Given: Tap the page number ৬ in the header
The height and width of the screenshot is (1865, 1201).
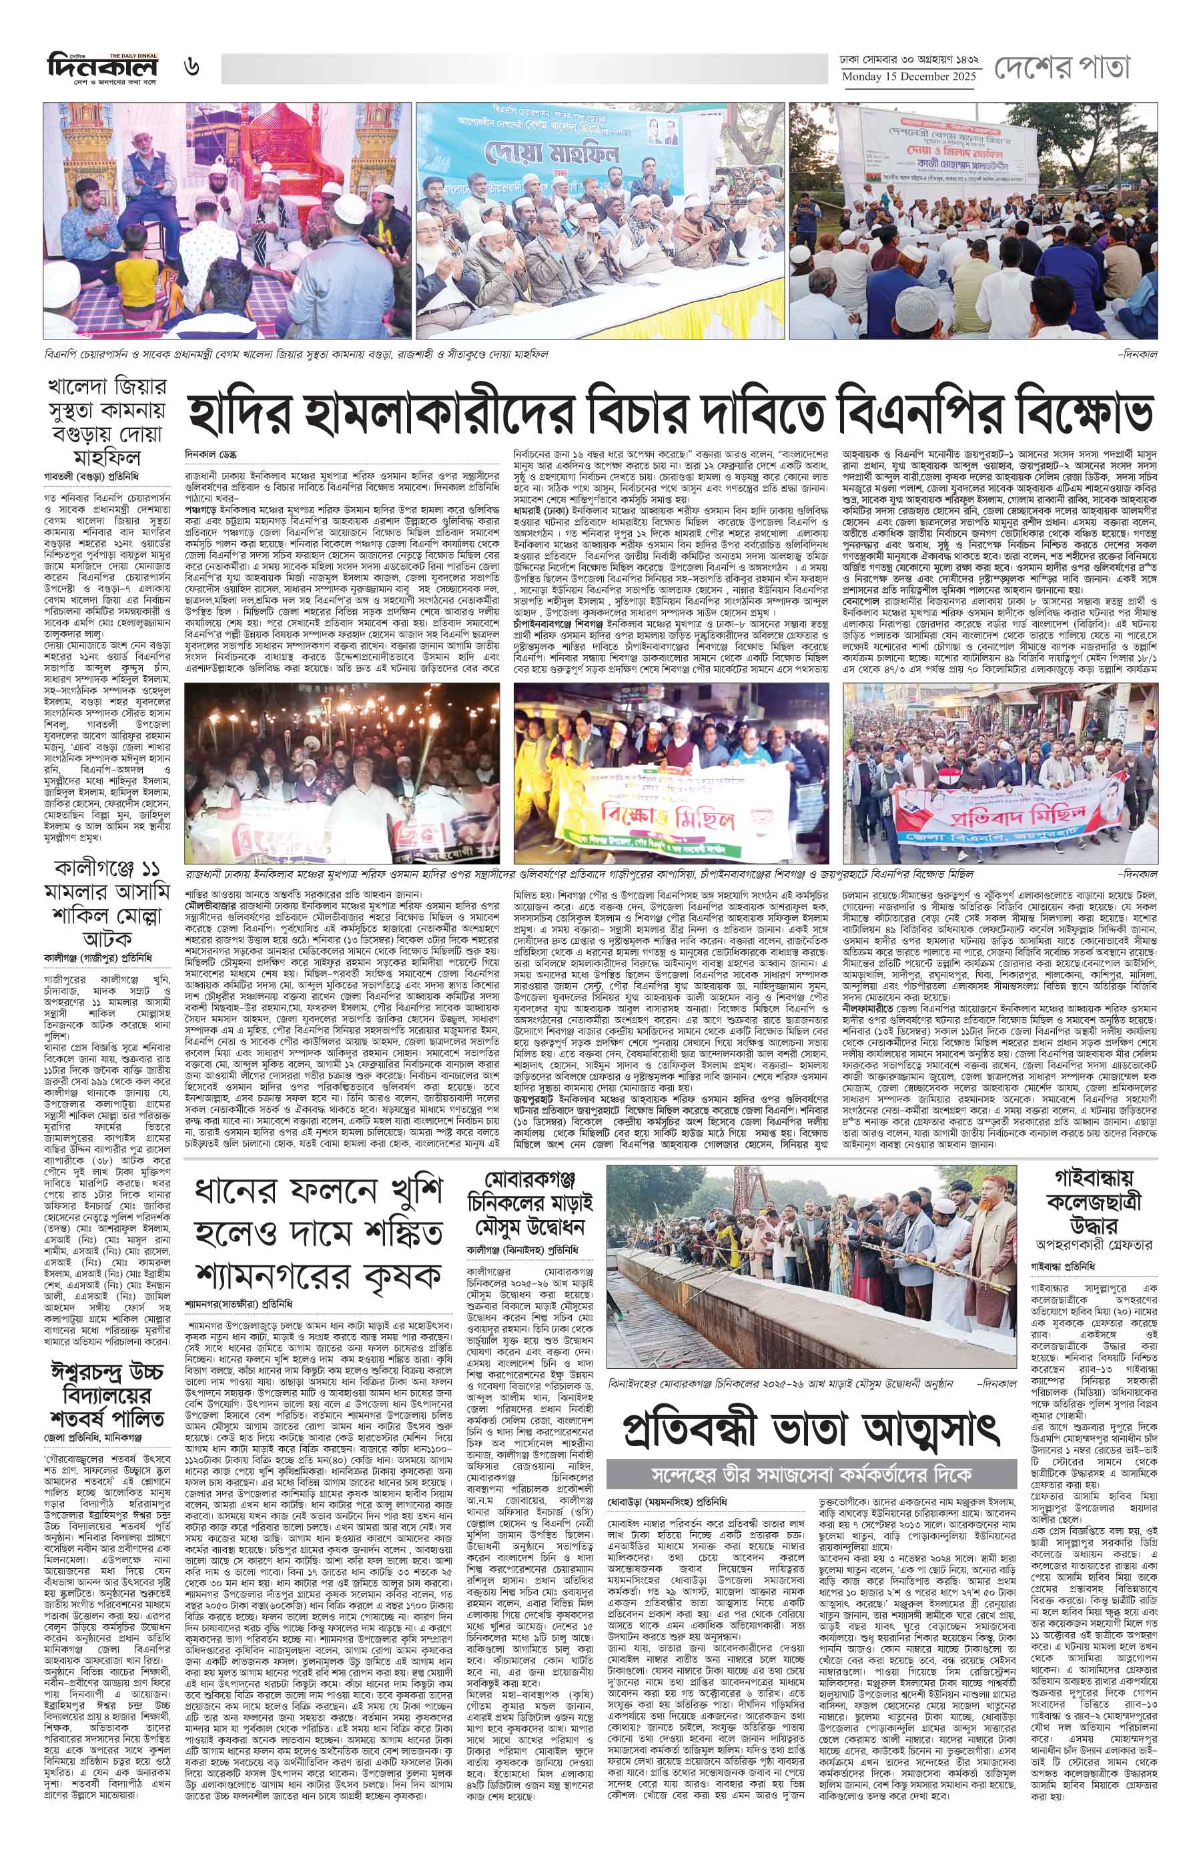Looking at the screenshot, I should click(192, 67).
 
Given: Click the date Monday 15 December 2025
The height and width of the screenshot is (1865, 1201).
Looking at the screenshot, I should click(909, 77).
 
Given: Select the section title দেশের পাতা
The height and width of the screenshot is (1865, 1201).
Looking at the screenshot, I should click(1062, 68).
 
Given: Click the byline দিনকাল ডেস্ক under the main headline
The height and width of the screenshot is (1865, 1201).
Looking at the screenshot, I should click(211, 454).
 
